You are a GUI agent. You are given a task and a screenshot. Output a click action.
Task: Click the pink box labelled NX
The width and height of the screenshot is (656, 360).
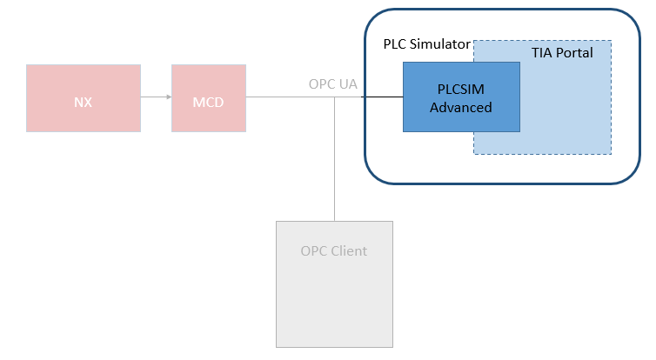(x=83, y=98)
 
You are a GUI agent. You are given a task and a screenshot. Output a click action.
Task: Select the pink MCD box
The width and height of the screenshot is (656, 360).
(x=208, y=98)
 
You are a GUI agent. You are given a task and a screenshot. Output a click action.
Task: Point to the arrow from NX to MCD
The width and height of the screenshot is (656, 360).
(x=156, y=97)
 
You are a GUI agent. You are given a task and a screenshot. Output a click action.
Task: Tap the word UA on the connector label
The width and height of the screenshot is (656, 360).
(x=348, y=84)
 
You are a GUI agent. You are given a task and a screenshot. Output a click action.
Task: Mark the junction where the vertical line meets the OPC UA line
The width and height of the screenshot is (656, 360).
(x=335, y=97)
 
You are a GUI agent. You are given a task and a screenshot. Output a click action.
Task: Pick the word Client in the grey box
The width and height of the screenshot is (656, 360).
(x=350, y=251)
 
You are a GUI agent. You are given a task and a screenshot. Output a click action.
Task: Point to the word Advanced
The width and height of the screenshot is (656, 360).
(x=460, y=108)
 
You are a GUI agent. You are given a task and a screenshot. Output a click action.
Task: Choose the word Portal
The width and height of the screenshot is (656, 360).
(x=574, y=53)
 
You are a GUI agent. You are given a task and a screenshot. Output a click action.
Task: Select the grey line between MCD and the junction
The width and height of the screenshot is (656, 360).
(x=287, y=97)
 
